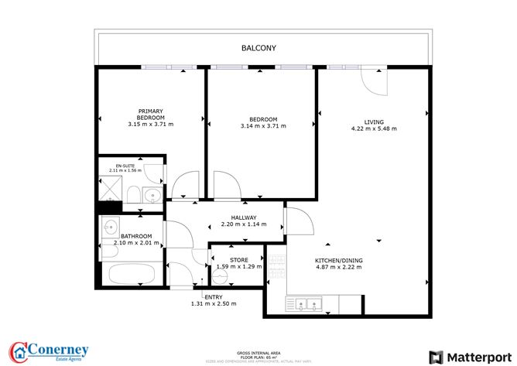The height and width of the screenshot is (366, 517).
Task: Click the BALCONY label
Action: tap(258, 48)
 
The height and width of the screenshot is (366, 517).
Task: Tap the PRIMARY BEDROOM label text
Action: tap(151, 114)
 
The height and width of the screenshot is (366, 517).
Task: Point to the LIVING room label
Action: tap(374, 121)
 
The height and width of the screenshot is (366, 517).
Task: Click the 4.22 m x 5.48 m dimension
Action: tap(374, 128)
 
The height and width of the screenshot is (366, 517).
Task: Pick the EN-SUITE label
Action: tap(125, 166)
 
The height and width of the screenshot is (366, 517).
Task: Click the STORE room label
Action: tap(238, 259)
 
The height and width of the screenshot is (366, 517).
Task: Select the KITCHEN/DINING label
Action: tap(338, 260)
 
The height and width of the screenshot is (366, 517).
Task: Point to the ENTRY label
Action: tap(213, 296)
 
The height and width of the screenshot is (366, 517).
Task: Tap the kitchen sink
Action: tap(305, 303)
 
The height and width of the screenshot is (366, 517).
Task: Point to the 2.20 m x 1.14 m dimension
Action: tap(243, 224)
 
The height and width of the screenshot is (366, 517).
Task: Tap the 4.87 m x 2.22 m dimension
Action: tap(338, 267)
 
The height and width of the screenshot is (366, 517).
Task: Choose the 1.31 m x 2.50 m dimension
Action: tap(213, 303)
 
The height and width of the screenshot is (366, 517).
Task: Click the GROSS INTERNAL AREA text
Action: tap(258, 351)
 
